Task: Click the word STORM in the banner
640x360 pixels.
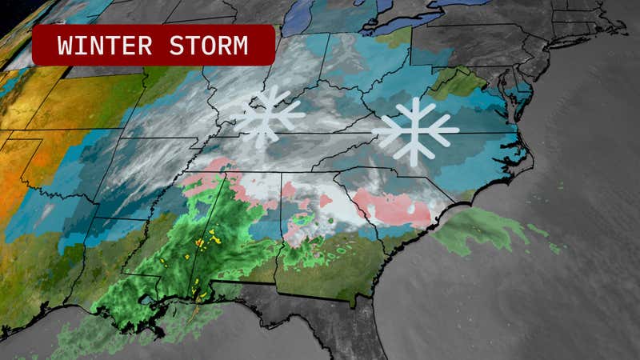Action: click(210, 46)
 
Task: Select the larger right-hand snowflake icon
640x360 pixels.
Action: click(415, 130)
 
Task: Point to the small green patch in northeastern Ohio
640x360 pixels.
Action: click(391, 37)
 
